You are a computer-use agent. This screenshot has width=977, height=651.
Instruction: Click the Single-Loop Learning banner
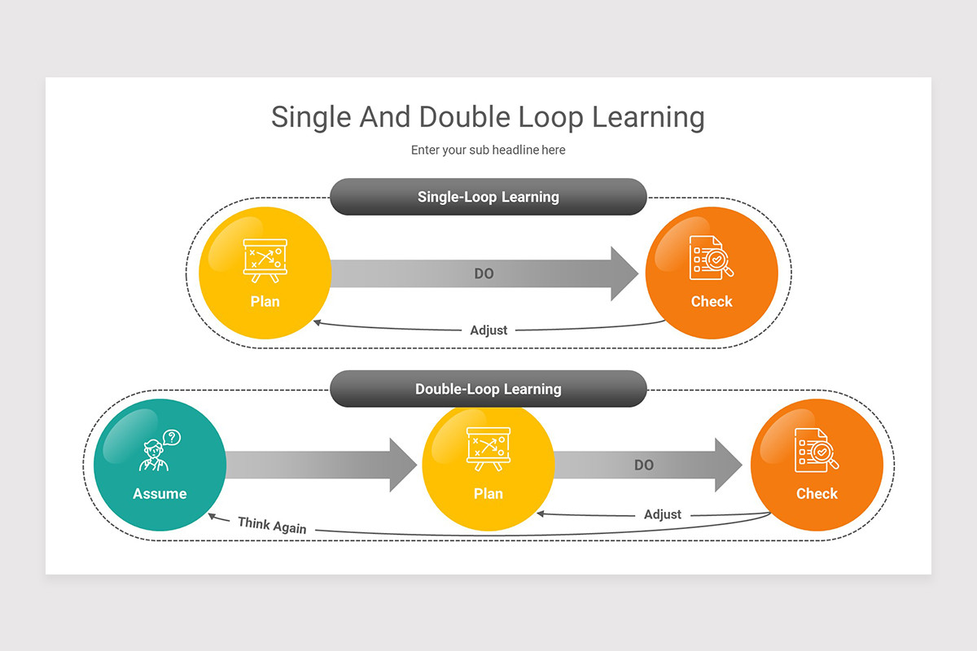click(488, 197)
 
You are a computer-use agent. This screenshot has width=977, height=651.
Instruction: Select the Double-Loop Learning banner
click(488, 389)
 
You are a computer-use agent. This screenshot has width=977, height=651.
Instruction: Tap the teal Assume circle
click(160, 465)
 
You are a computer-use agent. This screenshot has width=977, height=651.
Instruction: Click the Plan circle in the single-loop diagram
click(265, 273)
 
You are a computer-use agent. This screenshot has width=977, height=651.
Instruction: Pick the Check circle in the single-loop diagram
click(712, 273)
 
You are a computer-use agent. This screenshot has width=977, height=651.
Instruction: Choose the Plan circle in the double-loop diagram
click(488, 465)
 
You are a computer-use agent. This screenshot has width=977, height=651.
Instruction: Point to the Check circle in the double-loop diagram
click(817, 465)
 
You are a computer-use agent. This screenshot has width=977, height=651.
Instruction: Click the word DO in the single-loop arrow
click(484, 274)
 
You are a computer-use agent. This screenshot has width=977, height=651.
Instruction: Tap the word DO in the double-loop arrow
click(644, 465)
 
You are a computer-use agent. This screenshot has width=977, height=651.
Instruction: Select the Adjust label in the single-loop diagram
click(488, 330)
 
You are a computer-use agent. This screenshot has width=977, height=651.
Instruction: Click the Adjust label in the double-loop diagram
click(663, 514)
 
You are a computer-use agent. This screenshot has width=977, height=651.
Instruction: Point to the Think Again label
click(272, 526)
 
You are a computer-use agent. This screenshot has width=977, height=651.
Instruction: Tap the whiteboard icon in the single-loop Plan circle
click(265, 259)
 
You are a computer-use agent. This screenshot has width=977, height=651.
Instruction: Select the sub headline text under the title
click(488, 150)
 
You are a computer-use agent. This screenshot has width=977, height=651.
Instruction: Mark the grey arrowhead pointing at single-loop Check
click(624, 273)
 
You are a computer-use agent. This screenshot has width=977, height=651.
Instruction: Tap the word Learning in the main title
click(648, 117)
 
